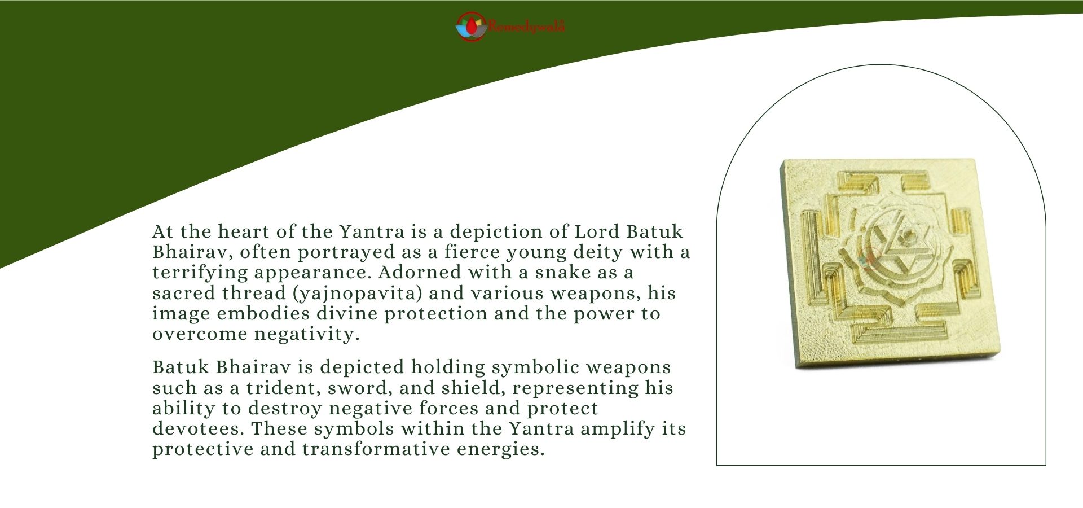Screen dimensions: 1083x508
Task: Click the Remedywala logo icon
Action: pyautogui.click(x=471, y=27)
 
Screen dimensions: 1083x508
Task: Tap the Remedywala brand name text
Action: pyautogui.click(x=527, y=26)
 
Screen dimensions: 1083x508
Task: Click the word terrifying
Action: pyautogui.click(x=200, y=273)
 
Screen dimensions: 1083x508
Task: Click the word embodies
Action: pyautogui.click(x=263, y=314)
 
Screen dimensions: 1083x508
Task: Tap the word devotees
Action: pyautogui.click(x=199, y=429)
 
